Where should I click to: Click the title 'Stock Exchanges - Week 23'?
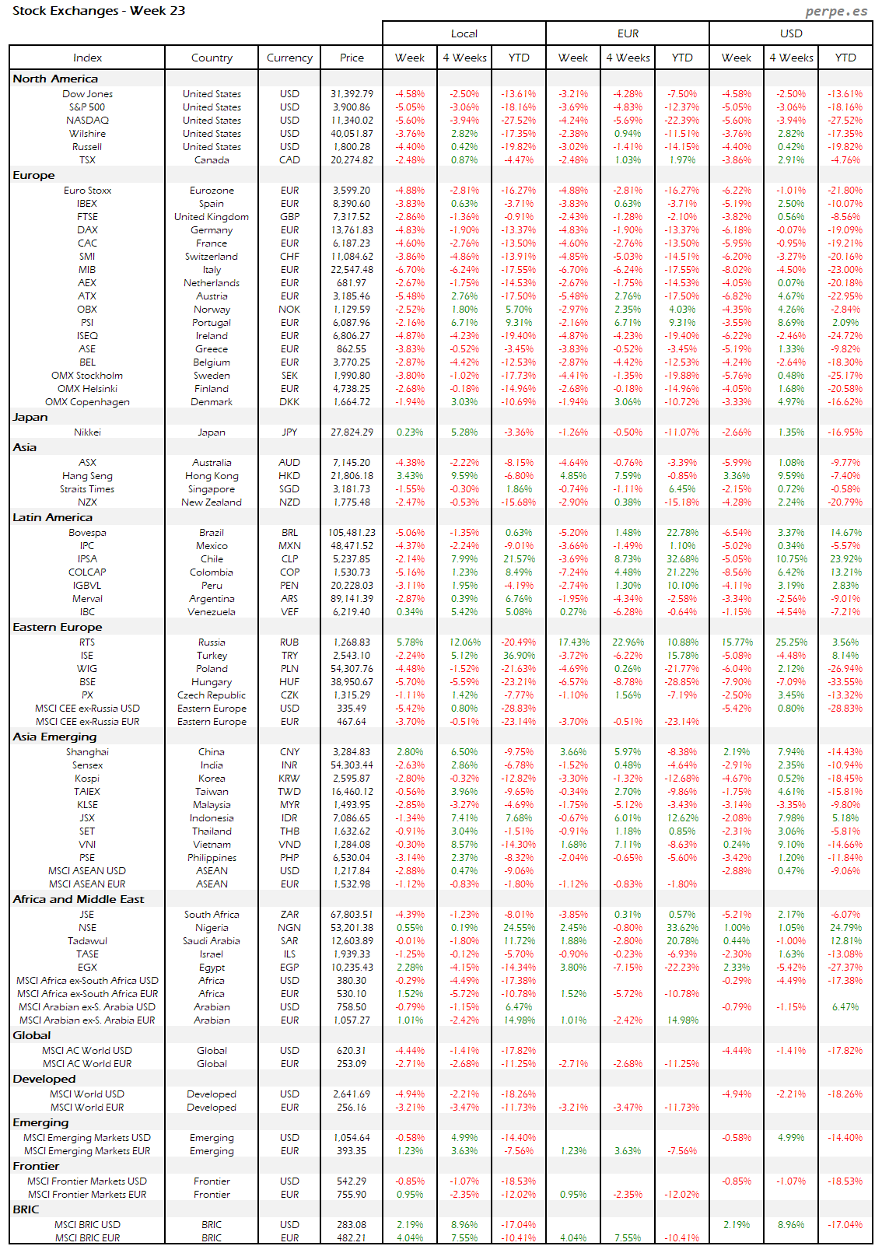click(x=99, y=11)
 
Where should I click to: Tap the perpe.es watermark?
click(x=836, y=11)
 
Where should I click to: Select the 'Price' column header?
click(x=352, y=58)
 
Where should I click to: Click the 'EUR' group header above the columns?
click(x=628, y=33)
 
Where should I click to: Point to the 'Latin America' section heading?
click(x=52, y=517)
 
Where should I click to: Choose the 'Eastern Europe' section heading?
click(x=57, y=627)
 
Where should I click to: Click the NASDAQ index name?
click(x=87, y=121)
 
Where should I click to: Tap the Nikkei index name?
click(x=87, y=432)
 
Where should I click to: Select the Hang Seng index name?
click(x=87, y=476)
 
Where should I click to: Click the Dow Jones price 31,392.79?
click(x=352, y=94)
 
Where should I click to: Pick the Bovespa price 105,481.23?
click(x=352, y=533)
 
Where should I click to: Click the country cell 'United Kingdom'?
click(x=212, y=217)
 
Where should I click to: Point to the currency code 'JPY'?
click(x=289, y=432)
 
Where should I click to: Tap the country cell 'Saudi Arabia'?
click(x=212, y=941)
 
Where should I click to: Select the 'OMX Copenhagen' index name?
click(x=87, y=402)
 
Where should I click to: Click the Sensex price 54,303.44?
click(x=352, y=765)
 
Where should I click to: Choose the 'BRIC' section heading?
click(x=26, y=1209)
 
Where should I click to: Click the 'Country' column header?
click(x=212, y=58)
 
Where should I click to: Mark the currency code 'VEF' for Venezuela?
click(x=289, y=612)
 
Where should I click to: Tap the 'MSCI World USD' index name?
click(x=87, y=1094)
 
